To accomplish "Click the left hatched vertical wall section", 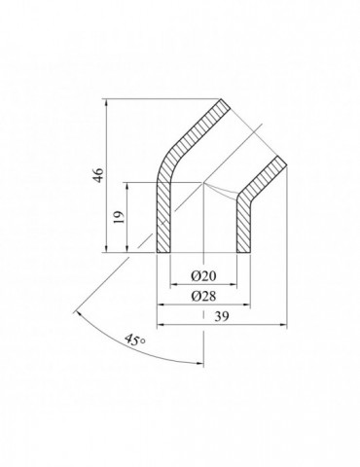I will click(x=163, y=219).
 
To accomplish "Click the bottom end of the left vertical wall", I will click(x=163, y=255).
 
